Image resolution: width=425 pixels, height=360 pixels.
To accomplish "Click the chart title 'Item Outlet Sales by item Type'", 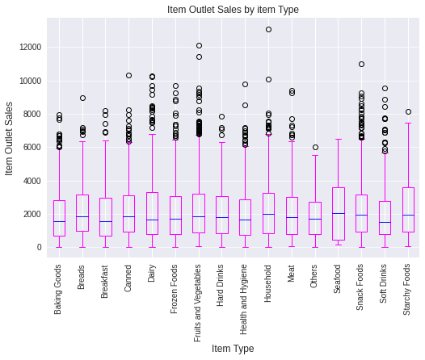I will click(x=233, y=10).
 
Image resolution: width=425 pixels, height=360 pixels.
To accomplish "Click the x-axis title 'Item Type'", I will click(x=233, y=349).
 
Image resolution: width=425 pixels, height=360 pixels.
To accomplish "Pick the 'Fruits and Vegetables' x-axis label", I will click(x=199, y=303).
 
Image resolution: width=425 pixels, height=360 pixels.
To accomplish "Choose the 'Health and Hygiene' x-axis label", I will click(x=246, y=298).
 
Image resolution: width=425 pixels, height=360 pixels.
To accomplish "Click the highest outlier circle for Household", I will click(x=268, y=29).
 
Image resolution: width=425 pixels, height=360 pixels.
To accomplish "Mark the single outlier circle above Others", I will click(x=315, y=147).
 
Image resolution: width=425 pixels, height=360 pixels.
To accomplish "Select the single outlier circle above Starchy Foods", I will click(x=408, y=111).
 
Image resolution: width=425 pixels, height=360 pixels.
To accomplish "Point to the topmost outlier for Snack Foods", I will click(x=361, y=64).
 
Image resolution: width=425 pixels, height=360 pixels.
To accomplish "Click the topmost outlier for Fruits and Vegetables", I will click(x=199, y=45).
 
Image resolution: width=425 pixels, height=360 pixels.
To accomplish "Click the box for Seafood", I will click(x=339, y=214).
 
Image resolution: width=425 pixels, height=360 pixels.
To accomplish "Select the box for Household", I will click(x=268, y=214).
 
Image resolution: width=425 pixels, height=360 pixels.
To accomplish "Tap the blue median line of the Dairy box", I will click(x=152, y=220).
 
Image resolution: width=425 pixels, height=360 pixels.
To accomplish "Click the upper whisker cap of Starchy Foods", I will click(x=408, y=123).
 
